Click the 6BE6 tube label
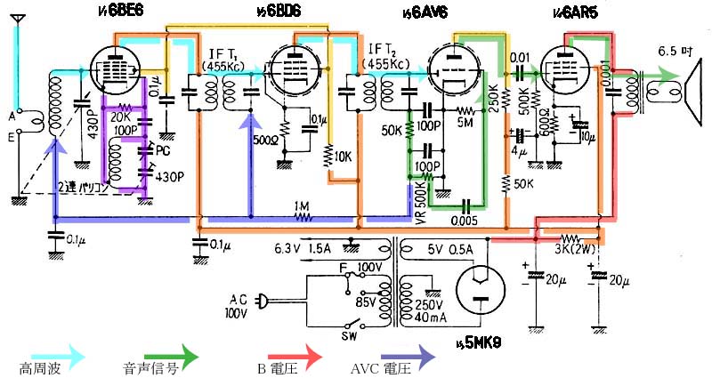click(x=125, y=10)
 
